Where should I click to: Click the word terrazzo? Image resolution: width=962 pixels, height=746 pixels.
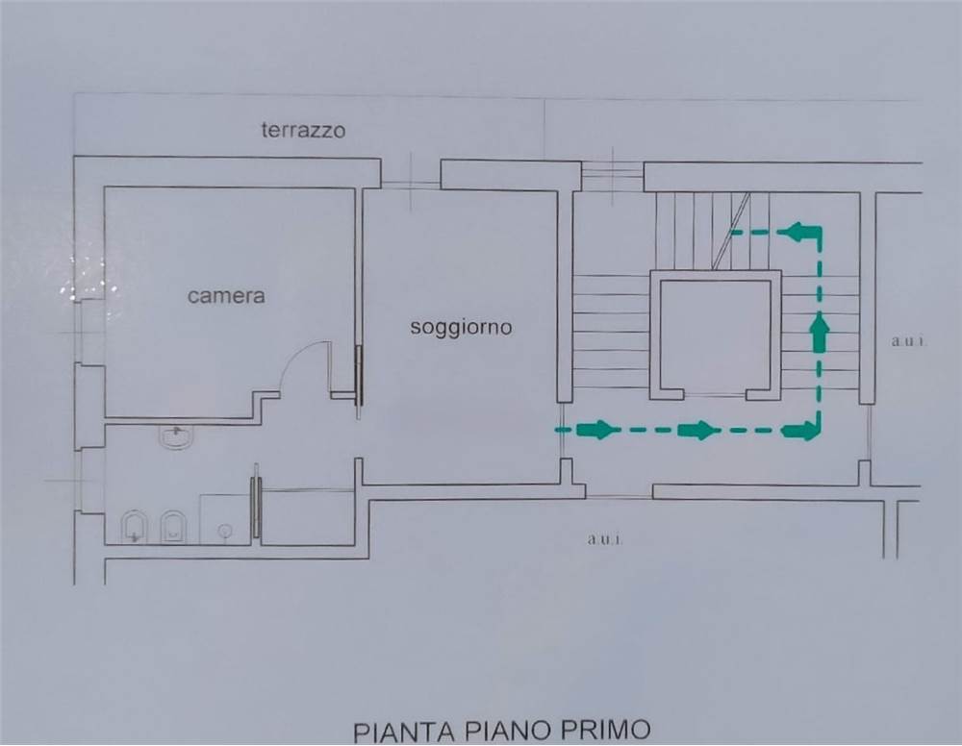(x=303, y=130)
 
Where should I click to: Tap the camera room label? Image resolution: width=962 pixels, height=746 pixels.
(x=226, y=296)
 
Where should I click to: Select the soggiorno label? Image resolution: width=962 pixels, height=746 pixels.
(x=461, y=327)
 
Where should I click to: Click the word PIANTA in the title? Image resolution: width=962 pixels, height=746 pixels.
(x=404, y=732)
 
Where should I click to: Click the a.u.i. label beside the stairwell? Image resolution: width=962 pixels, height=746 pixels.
(x=908, y=341)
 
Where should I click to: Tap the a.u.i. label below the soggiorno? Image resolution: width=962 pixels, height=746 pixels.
(x=605, y=540)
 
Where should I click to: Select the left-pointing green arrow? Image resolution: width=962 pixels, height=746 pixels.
(x=803, y=232)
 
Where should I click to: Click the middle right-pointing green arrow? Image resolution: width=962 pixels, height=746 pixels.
(x=697, y=430)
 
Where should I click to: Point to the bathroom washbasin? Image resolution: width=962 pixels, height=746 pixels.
(x=178, y=437)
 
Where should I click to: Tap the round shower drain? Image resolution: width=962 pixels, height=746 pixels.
(x=226, y=530)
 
